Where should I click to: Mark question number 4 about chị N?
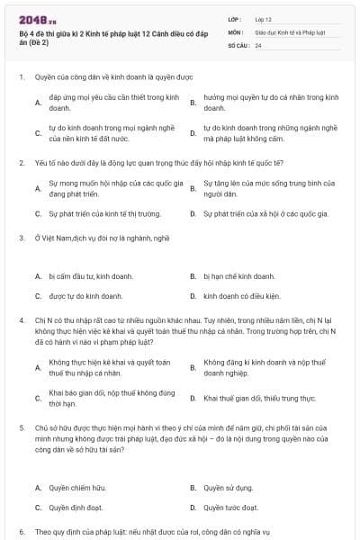pyautogui.click(x=21, y=320)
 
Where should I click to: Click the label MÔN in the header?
pyautogui.click(x=235, y=31)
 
